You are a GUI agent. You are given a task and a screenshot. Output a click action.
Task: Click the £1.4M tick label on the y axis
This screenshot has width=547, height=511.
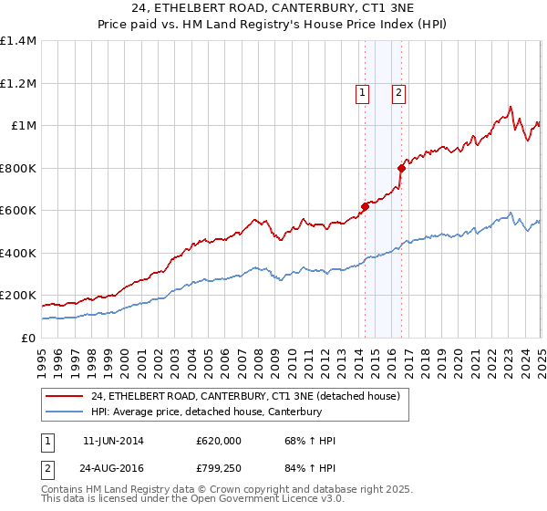point(18,41)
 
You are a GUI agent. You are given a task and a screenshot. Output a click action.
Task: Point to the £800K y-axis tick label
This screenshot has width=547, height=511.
point(18,168)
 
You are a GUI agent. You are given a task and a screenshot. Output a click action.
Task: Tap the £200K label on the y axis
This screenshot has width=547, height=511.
point(18,296)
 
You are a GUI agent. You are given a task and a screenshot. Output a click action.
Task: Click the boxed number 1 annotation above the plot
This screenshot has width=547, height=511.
point(363,91)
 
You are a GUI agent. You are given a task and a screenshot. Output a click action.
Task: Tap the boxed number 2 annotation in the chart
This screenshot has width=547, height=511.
point(399,91)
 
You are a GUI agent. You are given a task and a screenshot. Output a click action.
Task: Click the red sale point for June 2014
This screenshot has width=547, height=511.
point(365,206)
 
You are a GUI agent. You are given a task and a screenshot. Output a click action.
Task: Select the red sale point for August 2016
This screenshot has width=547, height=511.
point(401,168)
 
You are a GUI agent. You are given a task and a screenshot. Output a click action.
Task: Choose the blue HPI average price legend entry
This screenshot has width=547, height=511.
point(207,412)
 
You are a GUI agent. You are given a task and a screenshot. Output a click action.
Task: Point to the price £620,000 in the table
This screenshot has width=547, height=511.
point(219,441)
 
